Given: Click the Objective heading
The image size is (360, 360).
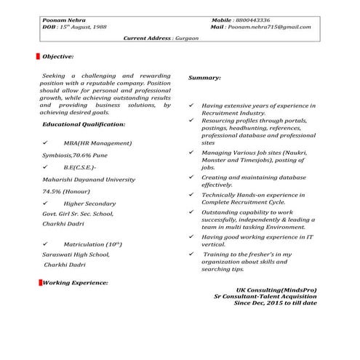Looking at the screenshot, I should [x=58, y=56].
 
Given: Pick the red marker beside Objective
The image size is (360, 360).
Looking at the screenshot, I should [x=37, y=56].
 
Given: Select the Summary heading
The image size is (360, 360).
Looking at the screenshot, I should [x=204, y=78].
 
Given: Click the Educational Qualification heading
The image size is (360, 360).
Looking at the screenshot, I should [x=84, y=125].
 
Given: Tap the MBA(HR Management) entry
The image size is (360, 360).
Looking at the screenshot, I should [x=99, y=143].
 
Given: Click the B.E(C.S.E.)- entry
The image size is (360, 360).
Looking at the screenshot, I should [x=84, y=167].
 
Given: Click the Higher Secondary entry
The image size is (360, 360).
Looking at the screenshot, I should [x=89, y=204].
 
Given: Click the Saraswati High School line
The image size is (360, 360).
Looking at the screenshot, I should [x=76, y=255].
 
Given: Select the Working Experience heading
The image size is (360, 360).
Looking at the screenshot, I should [x=75, y=281].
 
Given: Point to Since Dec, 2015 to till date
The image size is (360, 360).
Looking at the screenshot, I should [x=275, y=303].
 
